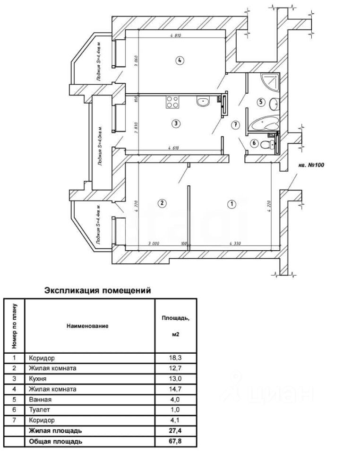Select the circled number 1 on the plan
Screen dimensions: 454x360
point(231,204)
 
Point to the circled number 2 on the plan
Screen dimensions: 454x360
point(162,203)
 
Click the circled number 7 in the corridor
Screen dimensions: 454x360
point(236,124)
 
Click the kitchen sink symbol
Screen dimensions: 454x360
point(204,101)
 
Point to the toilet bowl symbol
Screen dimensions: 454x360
point(269,144)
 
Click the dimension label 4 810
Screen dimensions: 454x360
point(175,35)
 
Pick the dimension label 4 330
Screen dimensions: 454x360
point(236,243)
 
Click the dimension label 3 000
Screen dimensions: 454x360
point(153,243)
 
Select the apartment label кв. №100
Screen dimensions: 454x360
point(310,166)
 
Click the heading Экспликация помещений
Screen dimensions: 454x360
point(97,290)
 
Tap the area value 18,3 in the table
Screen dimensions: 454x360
point(175,358)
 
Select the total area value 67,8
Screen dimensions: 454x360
point(175,441)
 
